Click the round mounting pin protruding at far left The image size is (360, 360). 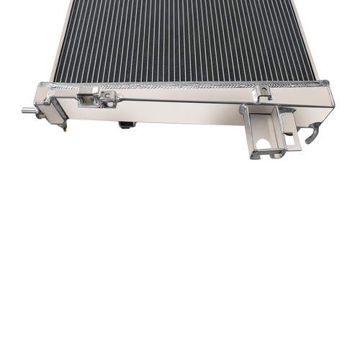[x=28, y=110]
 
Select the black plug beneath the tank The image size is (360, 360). [x=127, y=125]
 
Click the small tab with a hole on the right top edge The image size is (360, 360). [x=264, y=91]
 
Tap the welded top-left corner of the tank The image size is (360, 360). [x=45, y=86]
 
